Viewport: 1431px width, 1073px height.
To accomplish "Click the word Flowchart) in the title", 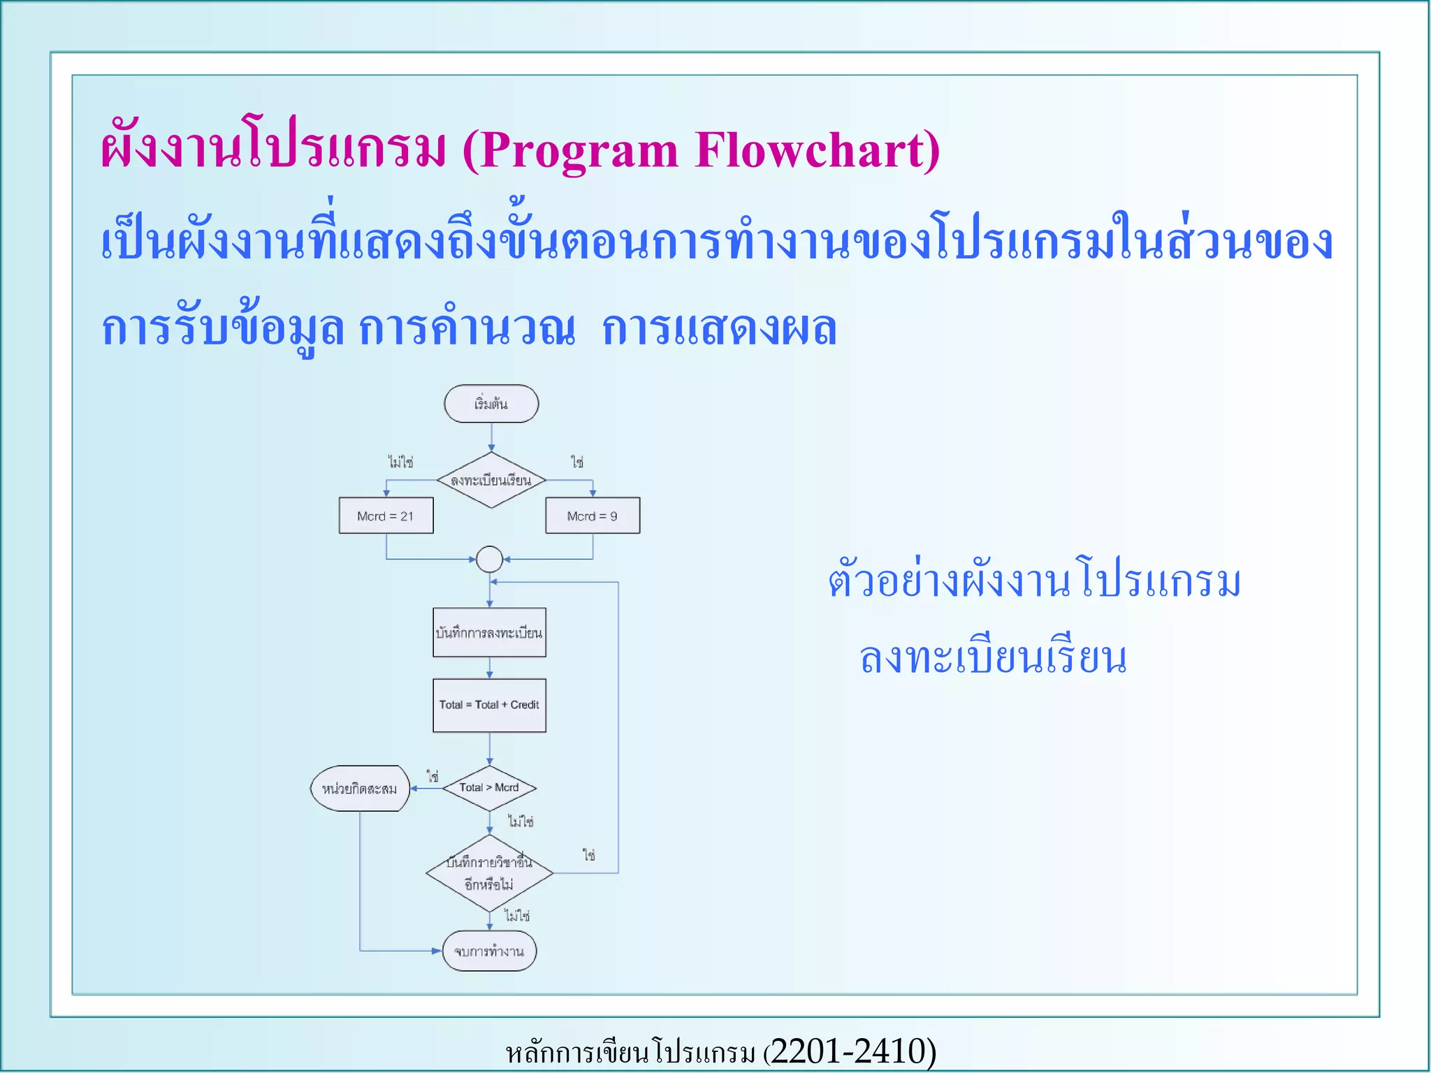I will point(817,150).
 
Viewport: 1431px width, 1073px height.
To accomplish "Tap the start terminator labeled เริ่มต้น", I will point(491,404).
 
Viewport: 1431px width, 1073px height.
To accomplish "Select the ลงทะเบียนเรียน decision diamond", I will point(491,480).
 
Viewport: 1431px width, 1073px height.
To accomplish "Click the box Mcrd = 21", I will point(386,516).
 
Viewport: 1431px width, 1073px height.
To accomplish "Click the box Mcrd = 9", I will point(592,516).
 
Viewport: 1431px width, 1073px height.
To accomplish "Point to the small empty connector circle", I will point(489,559).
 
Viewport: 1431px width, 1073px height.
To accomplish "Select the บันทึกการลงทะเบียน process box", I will point(489,633).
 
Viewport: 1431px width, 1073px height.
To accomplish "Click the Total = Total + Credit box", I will point(489,705).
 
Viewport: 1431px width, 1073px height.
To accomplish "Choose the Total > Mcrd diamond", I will point(489,788).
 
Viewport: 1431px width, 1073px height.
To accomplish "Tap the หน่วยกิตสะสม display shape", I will point(359,789).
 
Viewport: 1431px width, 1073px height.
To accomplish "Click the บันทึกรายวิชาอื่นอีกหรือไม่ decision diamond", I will point(489,873).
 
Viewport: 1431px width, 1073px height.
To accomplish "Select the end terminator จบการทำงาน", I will point(489,951).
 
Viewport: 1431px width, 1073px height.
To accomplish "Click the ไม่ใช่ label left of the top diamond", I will point(400,462).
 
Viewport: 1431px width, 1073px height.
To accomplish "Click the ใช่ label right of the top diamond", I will point(576,462).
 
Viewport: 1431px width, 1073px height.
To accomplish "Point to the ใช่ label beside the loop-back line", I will point(588,855).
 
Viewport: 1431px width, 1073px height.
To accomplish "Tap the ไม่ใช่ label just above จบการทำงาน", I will point(517,915).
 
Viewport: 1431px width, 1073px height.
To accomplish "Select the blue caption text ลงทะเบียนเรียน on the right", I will point(993,659).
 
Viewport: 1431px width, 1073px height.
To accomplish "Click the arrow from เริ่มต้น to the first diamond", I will point(491,437).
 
